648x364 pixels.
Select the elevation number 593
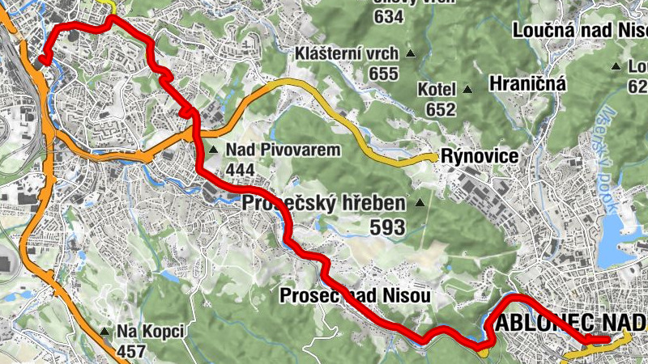pos(387,228)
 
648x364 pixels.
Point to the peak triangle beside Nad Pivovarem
pos(213,150)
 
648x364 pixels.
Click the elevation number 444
pos(241,169)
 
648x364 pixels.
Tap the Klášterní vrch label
pos(347,54)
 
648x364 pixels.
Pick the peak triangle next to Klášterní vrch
pos(410,55)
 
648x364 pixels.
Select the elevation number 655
pos(383,74)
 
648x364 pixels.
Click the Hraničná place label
pos(527,83)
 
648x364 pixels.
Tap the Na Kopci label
pos(151,332)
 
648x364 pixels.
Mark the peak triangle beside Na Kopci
pos(104,332)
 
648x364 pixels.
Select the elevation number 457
pos(131,351)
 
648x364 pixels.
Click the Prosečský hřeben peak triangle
pos(420,203)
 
